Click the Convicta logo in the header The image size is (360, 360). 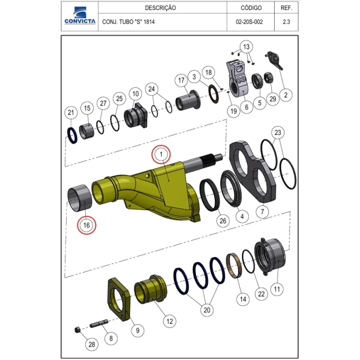click(x=80, y=15)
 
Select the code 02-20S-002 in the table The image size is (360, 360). click(x=249, y=22)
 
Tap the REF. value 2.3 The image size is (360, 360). click(x=286, y=22)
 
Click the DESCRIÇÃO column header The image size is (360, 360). click(x=160, y=8)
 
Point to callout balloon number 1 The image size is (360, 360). click(x=161, y=154)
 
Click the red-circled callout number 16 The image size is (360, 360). click(x=86, y=225)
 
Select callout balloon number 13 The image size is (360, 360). click(x=246, y=47)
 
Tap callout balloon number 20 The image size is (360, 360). click(x=207, y=310)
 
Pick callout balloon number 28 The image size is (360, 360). click(x=92, y=345)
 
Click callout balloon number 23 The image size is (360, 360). click(x=278, y=132)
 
